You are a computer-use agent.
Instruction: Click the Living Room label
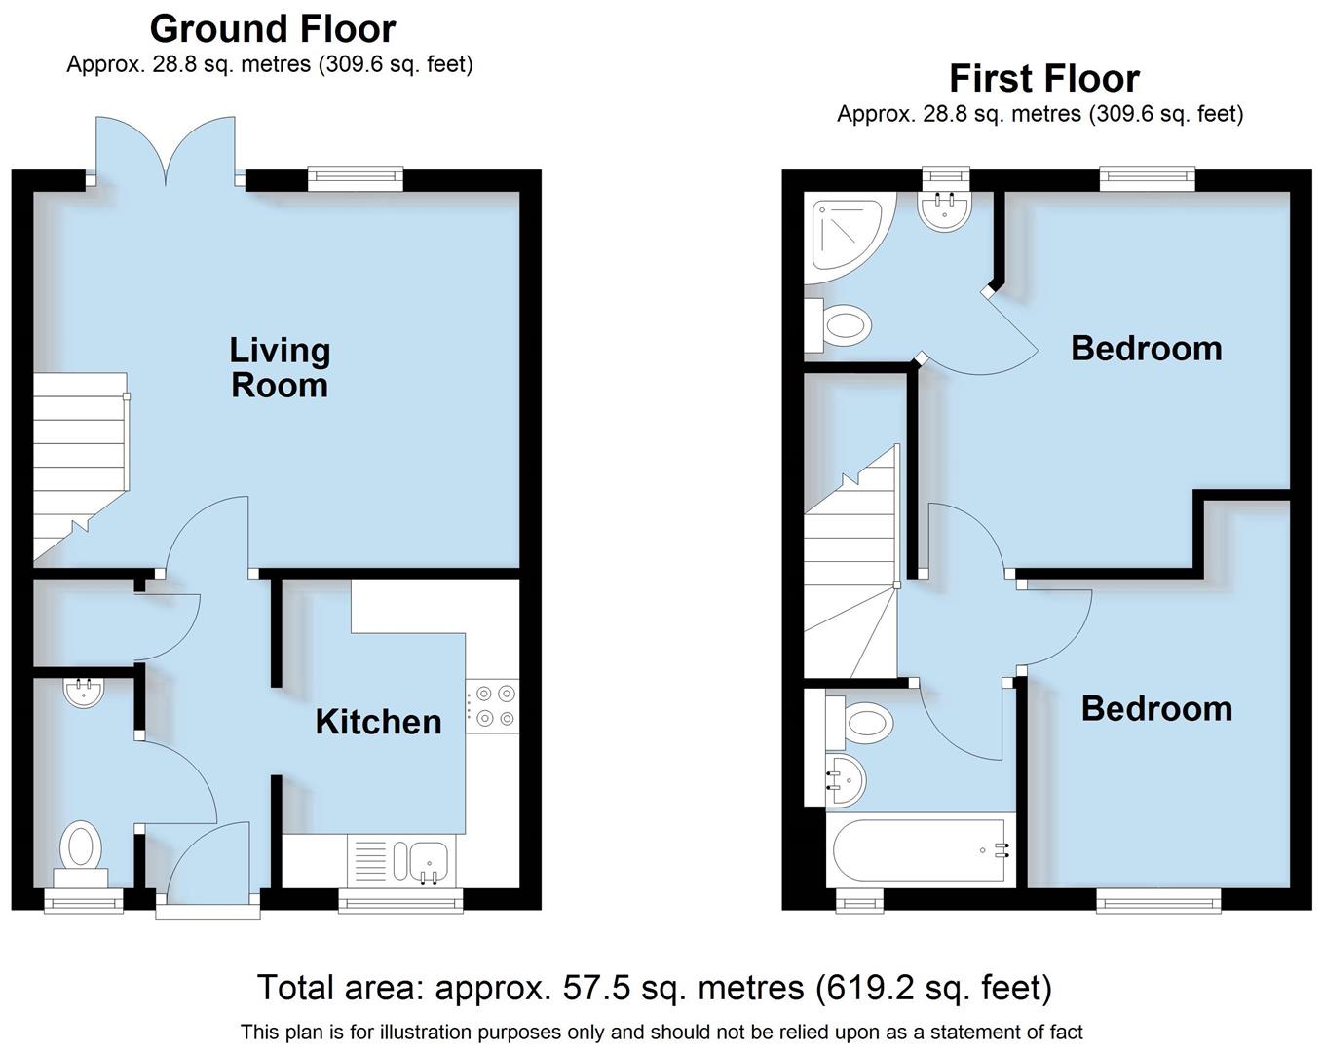(x=280, y=367)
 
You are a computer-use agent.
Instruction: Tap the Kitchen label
(x=378, y=722)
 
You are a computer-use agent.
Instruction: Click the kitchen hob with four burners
(x=493, y=706)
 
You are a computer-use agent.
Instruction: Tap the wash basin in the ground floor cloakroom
(x=84, y=693)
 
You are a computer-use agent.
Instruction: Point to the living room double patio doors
(x=166, y=151)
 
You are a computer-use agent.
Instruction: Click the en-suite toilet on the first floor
(x=839, y=325)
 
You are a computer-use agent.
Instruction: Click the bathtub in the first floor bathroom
(x=920, y=850)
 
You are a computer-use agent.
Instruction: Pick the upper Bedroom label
(x=1146, y=348)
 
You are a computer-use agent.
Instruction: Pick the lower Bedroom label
(x=1156, y=708)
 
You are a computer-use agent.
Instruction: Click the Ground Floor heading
(x=273, y=29)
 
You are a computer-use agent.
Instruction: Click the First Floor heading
(x=1043, y=78)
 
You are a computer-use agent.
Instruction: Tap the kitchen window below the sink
(x=399, y=902)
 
